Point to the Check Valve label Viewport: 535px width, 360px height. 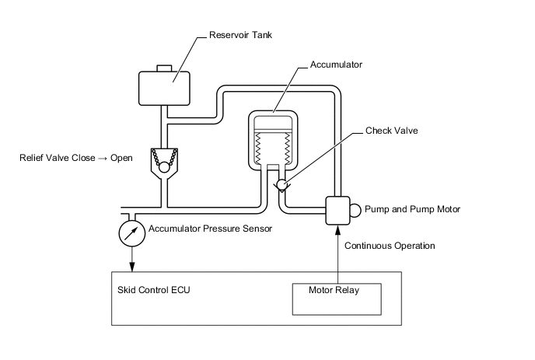point(392,131)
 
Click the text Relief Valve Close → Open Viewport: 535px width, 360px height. point(76,158)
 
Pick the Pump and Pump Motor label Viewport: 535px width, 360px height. point(413,209)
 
